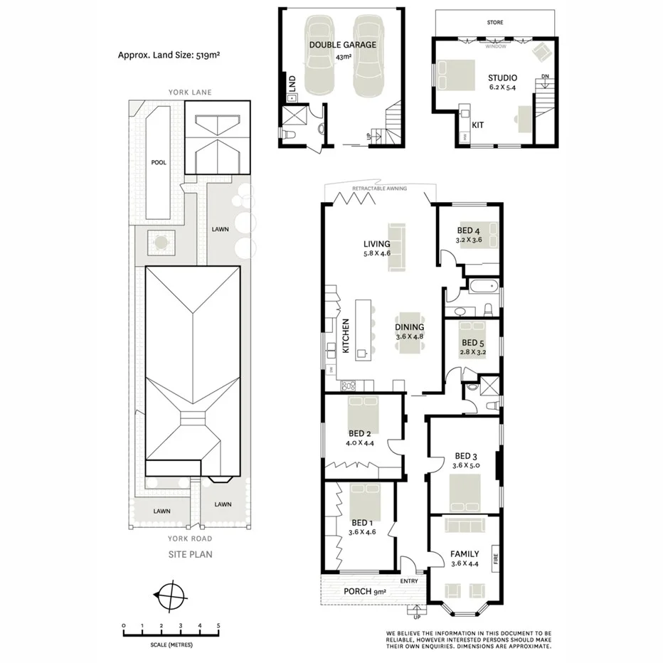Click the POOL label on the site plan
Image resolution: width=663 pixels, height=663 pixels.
(x=158, y=162)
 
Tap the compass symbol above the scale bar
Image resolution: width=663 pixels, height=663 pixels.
(x=170, y=595)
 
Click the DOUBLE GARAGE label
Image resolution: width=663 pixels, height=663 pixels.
(x=342, y=44)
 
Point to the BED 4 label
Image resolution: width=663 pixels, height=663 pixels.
(x=469, y=230)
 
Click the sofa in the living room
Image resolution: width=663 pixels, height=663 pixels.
(x=395, y=247)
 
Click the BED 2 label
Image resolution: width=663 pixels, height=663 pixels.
(x=360, y=433)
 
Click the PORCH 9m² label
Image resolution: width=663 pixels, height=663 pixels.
(x=364, y=592)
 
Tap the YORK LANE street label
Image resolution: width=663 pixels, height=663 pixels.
(x=190, y=92)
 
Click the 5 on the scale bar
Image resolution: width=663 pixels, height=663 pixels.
(x=218, y=626)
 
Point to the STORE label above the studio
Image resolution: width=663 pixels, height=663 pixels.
(x=495, y=23)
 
